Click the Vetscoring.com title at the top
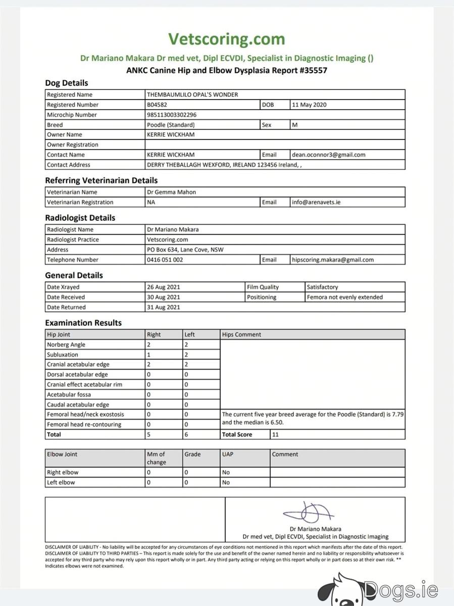click(226, 39)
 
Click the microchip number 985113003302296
click(172, 115)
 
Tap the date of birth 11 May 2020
click(309, 105)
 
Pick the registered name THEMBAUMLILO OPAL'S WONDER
click(192, 94)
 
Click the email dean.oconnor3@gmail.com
click(328, 155)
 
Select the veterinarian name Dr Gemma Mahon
click(171, 192)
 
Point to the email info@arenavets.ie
click(316, 202)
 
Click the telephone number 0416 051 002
click(165, 260)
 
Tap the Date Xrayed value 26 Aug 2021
click(163, 287)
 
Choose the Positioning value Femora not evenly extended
click(345, 297)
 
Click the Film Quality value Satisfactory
click(322, 287)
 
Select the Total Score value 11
click(275, 434)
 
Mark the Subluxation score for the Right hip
click(149, 355)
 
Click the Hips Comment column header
click(241, 334)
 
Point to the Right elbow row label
click(63, 472)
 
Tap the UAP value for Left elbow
click(226, 482)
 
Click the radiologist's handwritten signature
click(309, 513)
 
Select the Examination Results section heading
click(83, 323)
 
